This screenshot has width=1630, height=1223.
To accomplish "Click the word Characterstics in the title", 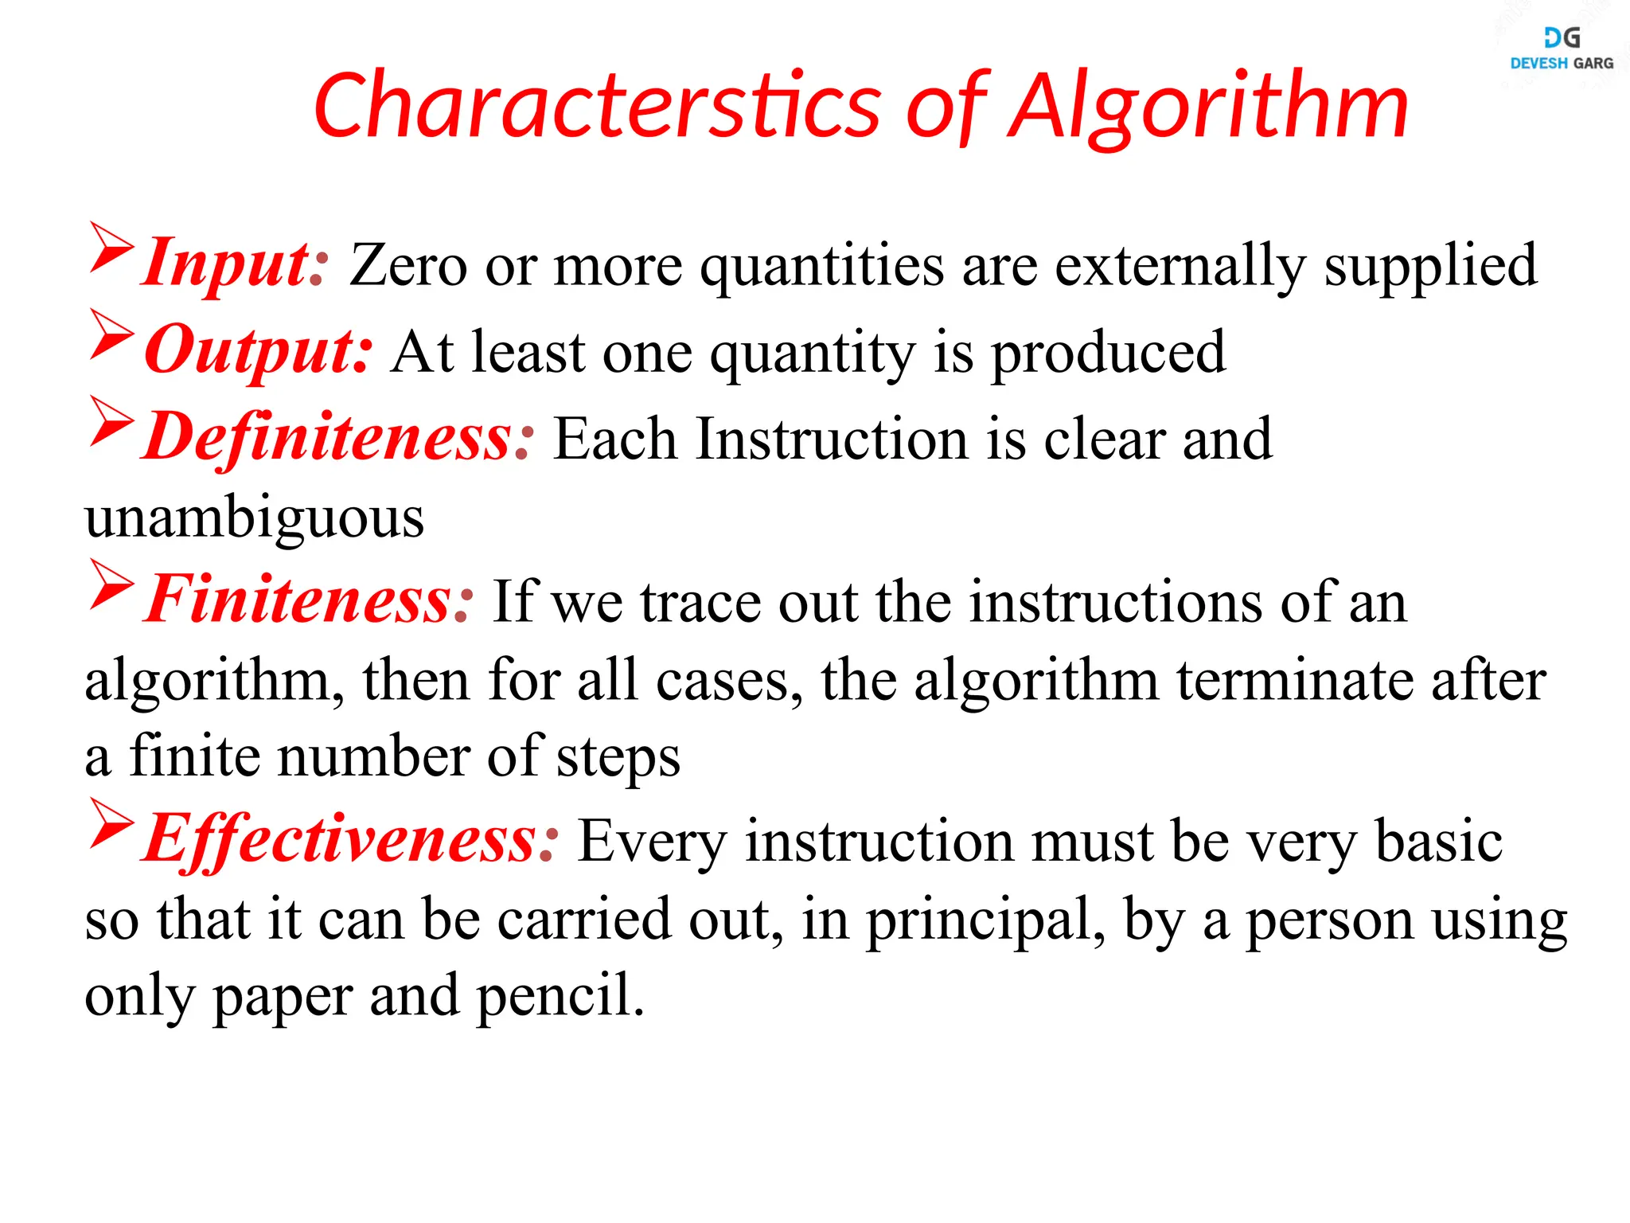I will point(597,106).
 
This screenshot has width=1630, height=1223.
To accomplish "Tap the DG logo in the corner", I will point(1562,37).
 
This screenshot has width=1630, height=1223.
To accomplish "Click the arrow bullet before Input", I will point(111,246).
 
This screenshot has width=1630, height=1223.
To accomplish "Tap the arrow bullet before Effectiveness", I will point(111,821).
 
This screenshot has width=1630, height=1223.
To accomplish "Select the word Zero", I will point(407,265).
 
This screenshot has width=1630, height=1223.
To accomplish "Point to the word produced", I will point(1108,353).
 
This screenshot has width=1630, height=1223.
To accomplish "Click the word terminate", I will point(1295,681).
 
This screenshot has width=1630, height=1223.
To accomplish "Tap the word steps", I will point(618,757).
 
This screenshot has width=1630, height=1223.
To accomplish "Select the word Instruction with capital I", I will point(832,439).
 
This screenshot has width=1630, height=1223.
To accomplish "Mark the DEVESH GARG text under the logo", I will point(1562,64).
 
